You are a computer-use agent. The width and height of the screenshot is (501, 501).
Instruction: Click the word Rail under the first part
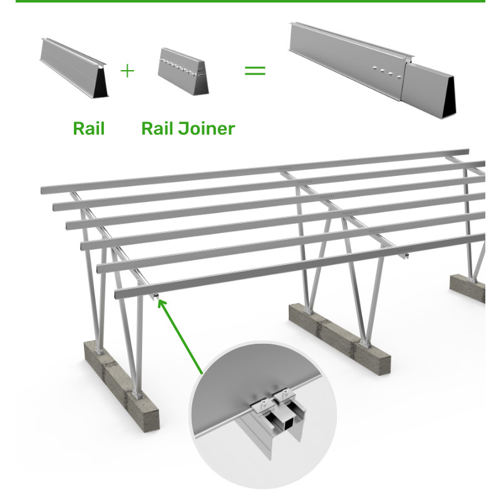coord(89,128)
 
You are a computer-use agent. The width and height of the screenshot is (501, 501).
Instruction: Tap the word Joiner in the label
coord(207,128)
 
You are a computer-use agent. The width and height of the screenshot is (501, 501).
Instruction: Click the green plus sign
coord(127,71)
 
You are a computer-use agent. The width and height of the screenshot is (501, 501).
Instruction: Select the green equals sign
coord(255,70)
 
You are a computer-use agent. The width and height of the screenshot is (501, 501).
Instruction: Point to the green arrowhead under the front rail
coord(162,303)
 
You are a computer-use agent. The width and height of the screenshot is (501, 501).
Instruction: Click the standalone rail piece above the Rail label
coord(74,68)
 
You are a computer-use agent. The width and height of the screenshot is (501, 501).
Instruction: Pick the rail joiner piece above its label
coord(183,71)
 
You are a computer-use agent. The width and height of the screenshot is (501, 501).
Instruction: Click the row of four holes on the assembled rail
coord(386,73)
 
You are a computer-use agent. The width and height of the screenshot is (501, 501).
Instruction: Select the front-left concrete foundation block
coord(121,386)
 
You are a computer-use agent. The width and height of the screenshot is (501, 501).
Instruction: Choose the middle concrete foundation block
coord(339,338)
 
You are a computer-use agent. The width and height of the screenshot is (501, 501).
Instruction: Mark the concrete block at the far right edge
coord(467,287)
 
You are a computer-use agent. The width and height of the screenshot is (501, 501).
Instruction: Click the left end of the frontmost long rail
coord(117,294)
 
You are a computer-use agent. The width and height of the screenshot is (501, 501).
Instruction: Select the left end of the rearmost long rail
coord(43,190)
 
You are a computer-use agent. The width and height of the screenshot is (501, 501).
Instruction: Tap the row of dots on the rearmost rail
coord(284,168)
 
